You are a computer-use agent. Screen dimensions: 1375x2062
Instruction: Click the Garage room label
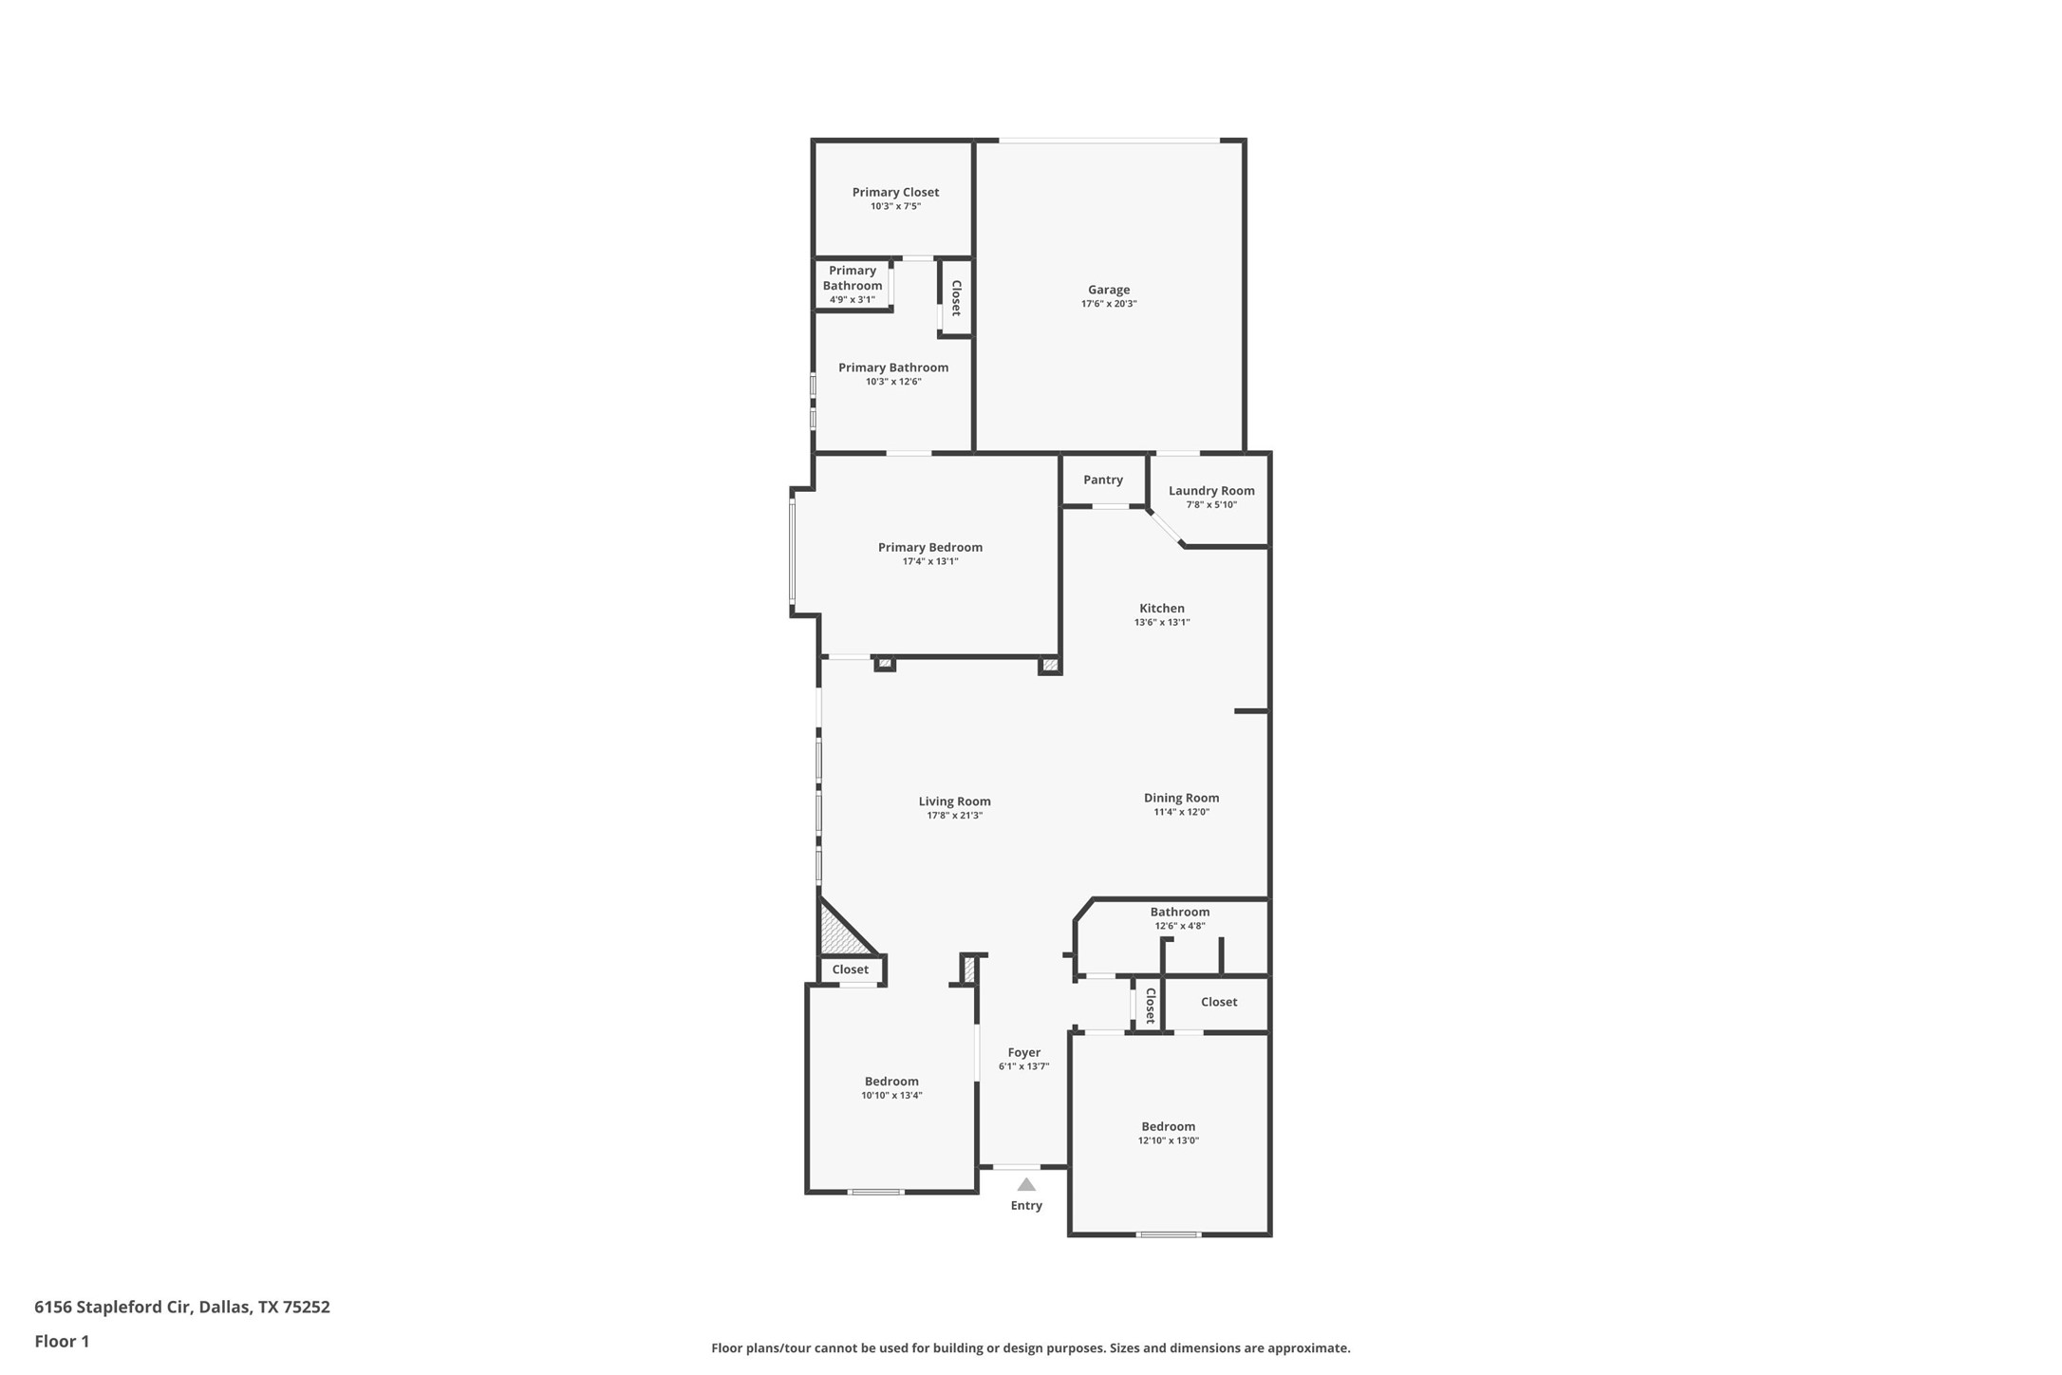[x=1108, y=290]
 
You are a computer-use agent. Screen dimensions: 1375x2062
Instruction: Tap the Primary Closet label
[x=895, y=192]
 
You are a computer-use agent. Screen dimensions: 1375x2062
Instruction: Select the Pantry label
[x=1103, y=480]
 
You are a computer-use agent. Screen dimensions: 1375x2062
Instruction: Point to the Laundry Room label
[x=1211, y=490]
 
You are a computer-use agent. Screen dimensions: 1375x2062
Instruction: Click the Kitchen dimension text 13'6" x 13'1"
[x=1162, y=623]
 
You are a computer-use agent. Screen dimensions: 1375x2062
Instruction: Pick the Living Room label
[x=954, y=801]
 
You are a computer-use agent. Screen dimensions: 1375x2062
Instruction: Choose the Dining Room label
[x=1181, y=798]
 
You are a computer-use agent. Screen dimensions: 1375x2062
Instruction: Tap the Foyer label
[x=1023, y=1052]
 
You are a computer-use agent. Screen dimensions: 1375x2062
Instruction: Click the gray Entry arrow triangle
[x=1026, y=1184]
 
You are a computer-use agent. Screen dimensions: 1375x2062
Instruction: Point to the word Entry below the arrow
[x=1026, y=1205]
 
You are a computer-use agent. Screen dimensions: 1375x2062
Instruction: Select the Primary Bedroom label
[x=929, y=547]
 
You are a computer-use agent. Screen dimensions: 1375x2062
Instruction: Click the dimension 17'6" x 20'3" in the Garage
[x=1108, y=304]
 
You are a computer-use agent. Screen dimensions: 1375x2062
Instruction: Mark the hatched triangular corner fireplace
[x=839, y=935]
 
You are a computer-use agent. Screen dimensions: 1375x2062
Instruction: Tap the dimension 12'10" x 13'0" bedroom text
[x=1168, y=1140]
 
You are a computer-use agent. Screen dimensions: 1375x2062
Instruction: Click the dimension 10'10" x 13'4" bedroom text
[x=891, y=1095]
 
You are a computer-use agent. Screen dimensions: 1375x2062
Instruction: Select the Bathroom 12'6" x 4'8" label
[x=1179, y=912]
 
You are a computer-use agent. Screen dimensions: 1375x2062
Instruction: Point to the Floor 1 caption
[x=62, y=1342]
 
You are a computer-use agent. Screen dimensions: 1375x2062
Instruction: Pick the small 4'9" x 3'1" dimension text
[x=852, y=300]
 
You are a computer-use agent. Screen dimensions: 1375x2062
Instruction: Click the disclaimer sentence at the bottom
[x=1030, y=1347]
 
